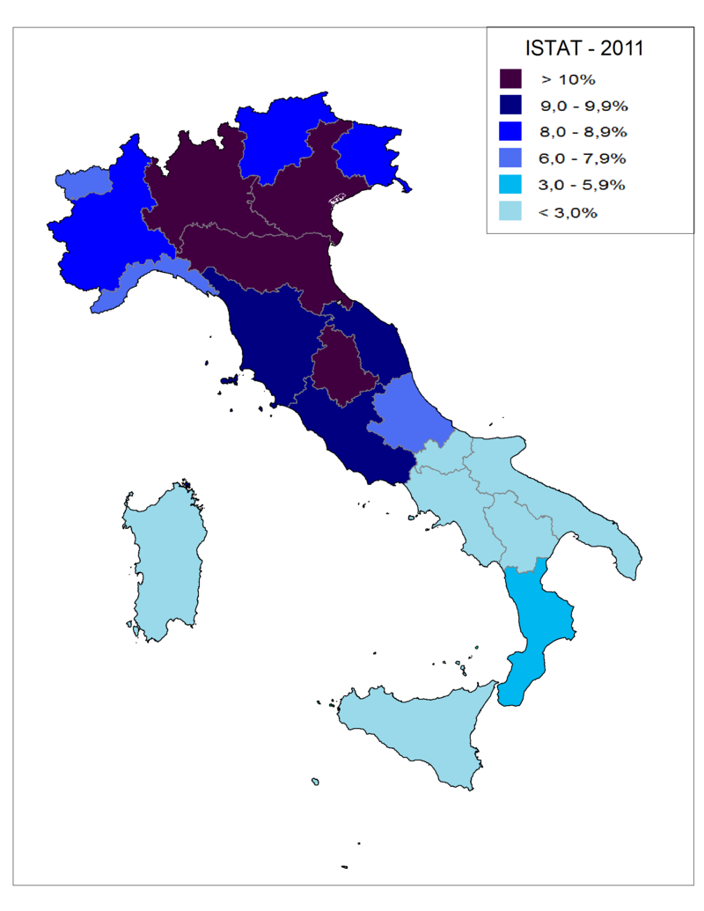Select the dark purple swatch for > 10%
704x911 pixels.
click(x=510, y=79)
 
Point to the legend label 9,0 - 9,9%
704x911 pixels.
click(x=582, y=106)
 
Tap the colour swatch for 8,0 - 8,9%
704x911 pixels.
click(x=510, y=132)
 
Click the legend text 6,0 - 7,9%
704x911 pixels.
click(x=582, y=158)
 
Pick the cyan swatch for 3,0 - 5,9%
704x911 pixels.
click(x=510, y=185)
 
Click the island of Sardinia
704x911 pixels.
click(x=165, y=563)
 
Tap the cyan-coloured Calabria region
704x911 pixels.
click(x=537, y=616)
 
